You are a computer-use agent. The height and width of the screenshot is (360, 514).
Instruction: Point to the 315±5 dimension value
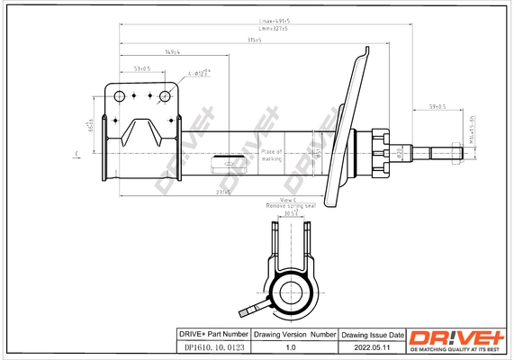pos(256,40)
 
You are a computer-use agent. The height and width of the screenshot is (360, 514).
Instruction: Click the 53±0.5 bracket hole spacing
pos(141,68)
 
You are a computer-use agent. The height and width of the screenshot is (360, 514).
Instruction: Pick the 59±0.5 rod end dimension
pos(438,107)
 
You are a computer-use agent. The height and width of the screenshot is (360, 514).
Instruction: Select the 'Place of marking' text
pos(272,155)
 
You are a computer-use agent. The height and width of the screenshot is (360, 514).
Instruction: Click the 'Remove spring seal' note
pos(290,206)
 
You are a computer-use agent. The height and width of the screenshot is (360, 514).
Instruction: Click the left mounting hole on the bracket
pos(120,95)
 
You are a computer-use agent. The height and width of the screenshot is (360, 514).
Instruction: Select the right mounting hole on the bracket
pos(166,95)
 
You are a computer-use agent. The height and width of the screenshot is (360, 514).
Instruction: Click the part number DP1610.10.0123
pos(210,346)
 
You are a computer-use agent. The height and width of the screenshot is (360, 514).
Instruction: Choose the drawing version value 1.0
pos(290,346)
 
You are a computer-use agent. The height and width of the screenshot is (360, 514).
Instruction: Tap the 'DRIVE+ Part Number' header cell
pos(210,333)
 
